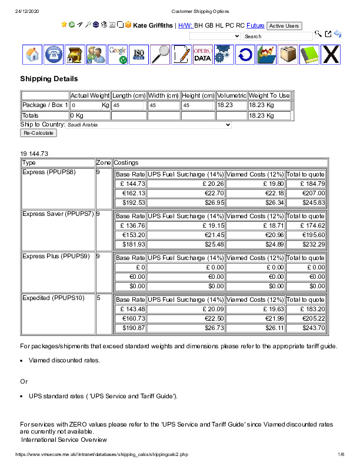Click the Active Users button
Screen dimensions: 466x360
(284, 26)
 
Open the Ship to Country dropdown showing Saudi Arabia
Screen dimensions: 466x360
(149, 125)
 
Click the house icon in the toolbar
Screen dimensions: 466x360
(32, 55)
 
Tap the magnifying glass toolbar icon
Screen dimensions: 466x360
(160, 55)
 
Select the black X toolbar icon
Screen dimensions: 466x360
(331, 55)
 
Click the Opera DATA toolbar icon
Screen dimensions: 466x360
(202, 55)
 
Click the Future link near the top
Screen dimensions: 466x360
(255, 26)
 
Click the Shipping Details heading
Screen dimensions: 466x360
(49, 79)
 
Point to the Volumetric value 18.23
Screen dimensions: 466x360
(224, 105)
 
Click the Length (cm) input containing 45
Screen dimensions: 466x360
(128, 105)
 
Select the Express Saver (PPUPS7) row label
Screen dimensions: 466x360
(58, 214)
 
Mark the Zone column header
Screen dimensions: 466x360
(104, 162)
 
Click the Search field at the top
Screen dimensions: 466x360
(278, 36)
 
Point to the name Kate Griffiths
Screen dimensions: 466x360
(152, 26)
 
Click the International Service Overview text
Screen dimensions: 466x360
(64, 440)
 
